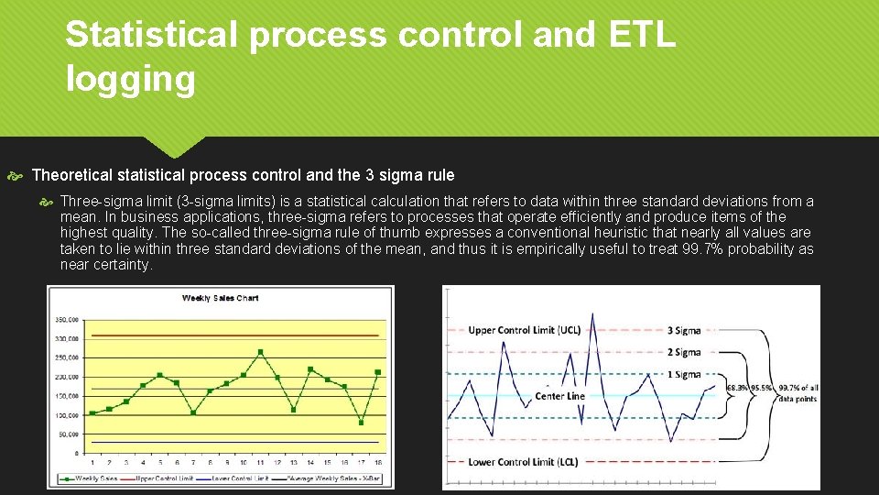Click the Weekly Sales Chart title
pyautogui.click(x=220, y=298)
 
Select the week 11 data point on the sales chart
pyautogui.click(x=261, y=351)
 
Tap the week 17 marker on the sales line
pyautogui.click(x=361, y=423)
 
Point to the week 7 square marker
pyautogui.click(x=193, y=412)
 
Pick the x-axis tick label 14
pyautogui.click(x=310, y=463)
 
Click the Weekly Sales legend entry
pyautogui.click(x=93, y=478)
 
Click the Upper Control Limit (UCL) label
pyautogui.click(x=524, y=330)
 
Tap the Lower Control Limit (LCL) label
pyautogui.click(x=523, y=462)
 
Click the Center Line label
pyautogui.click(x=559, y=396)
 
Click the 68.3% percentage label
pyautogui.click(x=735, y=388)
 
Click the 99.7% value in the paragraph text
pyautogui.click(x=700, y=249)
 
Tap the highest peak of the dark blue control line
pyautogui.click(x=592, y=314)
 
